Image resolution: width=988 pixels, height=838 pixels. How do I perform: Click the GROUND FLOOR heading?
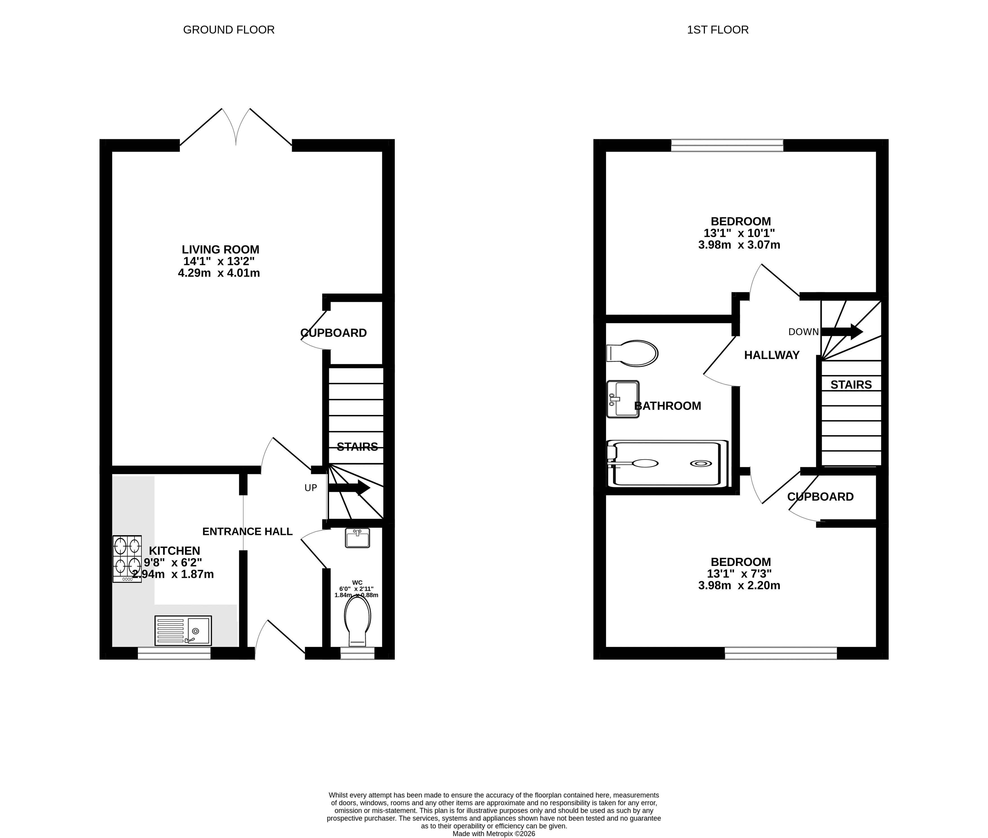pyautogui.click(x=228, y=30)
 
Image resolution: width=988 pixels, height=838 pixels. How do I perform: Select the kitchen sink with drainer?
pyautogui.click(x=183, y=630)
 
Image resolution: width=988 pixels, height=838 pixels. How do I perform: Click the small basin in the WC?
pyautogui.click(x=357, y=538)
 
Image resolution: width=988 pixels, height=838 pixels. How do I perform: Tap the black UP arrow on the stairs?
pyautogui.click(x=349, y=487)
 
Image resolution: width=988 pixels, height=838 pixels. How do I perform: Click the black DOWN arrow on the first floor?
pyautogui.click(x=842, y=331)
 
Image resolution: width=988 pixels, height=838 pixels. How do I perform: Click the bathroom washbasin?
pyautogui.click(x=623, y=399)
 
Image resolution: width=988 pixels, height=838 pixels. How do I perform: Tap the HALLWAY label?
pyautogui.click(x=772, y=355)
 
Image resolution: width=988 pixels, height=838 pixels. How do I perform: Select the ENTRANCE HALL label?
pyautogui.click(x=247, y=532)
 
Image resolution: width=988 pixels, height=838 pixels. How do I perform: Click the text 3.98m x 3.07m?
pyautogui.click(x=739, y=245)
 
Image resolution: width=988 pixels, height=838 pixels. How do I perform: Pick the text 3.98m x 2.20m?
pyautogui.click(x=739, y=586)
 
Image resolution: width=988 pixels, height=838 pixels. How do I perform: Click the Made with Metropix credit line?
pyautogui.click(x=494, y=833)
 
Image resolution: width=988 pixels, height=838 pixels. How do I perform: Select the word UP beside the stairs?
pyautogui.click(x=310, y=488)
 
